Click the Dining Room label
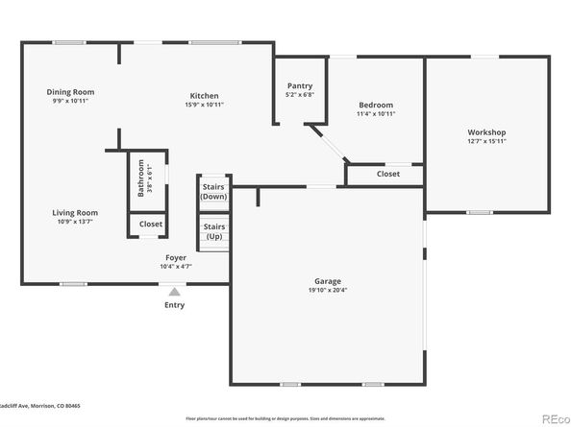[71, 92]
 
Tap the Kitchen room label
[204, 96]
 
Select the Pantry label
[300, 86]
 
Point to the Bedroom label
[376, 105]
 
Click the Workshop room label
[486, 131]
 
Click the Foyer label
[176, 258]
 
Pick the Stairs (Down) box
[213, 191]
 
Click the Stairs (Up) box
[213, 230]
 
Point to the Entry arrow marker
[174, 291]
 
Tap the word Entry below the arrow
[174, 305]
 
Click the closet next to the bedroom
[387, 174]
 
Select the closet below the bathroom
[151, 224]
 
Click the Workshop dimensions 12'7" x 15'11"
[486, 141]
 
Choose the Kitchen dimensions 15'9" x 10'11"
[204, 105]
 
